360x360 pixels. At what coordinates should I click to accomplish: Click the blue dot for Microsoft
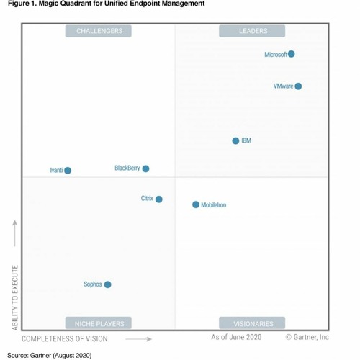(291, 54)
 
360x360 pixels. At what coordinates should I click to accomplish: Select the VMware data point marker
(298, 86)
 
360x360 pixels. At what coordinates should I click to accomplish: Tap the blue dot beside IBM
(235, 140)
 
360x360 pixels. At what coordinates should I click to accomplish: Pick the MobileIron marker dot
(196, 204)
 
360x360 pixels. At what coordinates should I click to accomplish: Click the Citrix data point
(159, 199)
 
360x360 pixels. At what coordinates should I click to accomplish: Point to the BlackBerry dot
(145, 168)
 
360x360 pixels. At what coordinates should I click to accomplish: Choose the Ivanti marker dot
(68, 171)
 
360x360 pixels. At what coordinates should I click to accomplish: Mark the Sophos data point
(108, 284)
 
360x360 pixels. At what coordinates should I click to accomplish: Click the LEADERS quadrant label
(253, 31)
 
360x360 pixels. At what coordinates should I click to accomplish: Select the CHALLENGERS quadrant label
(99, 31)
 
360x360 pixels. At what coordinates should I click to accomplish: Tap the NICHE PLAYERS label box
(99, 323)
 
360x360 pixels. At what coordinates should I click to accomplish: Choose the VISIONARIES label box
(253, 323)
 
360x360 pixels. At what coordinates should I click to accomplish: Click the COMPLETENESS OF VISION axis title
(65, 338)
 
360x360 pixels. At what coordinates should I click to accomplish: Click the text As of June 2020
(236, 337)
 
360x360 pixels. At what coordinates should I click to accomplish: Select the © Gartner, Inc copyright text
(307, 337)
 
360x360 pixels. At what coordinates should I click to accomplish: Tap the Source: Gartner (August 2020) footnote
(50, 355)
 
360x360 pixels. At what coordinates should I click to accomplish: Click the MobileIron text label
(214, 205)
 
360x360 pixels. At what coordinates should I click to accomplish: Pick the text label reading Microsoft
(276, 55)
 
